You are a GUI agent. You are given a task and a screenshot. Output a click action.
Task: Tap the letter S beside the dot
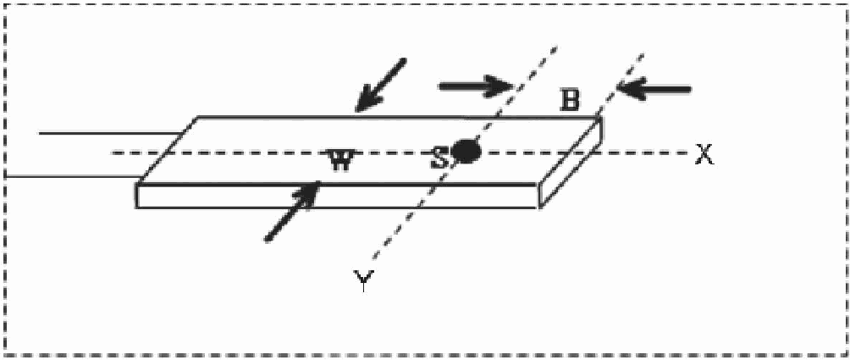[440, 157]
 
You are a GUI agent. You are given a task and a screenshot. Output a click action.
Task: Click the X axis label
[703, 154]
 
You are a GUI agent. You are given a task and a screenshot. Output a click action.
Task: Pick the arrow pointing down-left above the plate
[381, 85]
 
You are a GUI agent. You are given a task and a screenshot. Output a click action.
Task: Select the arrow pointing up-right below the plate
[292, 212]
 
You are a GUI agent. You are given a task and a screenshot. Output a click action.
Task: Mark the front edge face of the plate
[339, 195]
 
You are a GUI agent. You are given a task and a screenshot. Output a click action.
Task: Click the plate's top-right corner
[601, 118]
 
